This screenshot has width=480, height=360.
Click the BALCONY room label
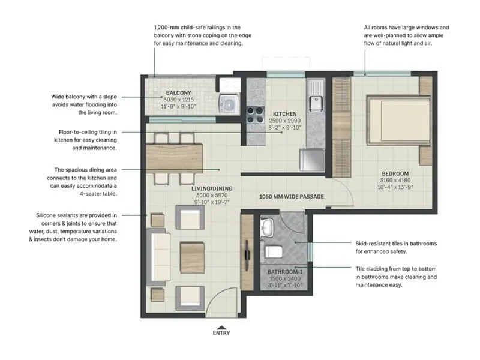[x=179, y=93]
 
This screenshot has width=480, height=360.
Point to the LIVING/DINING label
[x=212, y=188]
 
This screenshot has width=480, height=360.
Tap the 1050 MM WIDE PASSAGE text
[x=292, y=197]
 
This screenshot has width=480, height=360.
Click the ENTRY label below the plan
[x=221, y=333]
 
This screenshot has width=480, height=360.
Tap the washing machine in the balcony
[x=229, y=102]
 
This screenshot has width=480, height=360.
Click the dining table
[x=175, y=158]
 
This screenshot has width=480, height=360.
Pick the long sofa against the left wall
[x=160, y=256]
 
